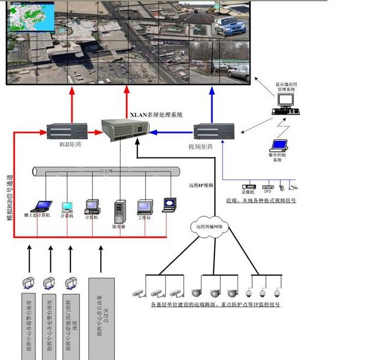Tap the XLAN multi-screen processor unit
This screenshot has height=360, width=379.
[123, 131]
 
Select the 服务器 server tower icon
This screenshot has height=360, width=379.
[119, 211]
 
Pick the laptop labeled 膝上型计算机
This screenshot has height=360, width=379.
[41, 207]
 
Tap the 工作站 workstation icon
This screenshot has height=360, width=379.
[145, 207]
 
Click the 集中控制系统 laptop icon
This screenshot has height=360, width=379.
[278, 145]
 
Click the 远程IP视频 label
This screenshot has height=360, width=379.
[200, 185]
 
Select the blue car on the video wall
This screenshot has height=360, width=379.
[227, 25]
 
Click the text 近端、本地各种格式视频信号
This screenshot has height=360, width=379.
[261, 200]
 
